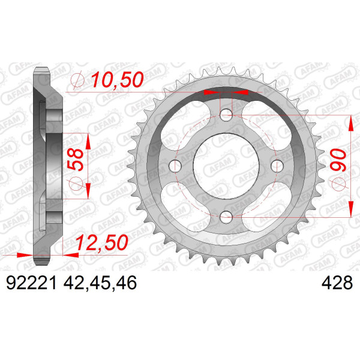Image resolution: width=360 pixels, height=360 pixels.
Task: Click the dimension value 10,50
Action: (x=118, y=79)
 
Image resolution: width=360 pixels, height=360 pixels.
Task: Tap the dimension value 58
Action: (x=76, y=160)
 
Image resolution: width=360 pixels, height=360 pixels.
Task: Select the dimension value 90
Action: (x=338, y=160)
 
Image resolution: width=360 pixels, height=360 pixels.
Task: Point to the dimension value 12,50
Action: (x=102, y=242)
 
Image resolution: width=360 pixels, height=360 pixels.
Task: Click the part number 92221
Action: (x=31, y=283)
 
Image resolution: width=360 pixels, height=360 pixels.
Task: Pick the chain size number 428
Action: (x=337, y=283)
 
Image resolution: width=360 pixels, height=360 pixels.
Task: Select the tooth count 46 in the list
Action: (x=126, y=283)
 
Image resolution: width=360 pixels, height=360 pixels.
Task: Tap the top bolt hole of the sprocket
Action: (x=226, y=115)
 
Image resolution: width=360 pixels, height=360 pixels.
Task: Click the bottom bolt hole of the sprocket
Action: (x=226, y=217)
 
